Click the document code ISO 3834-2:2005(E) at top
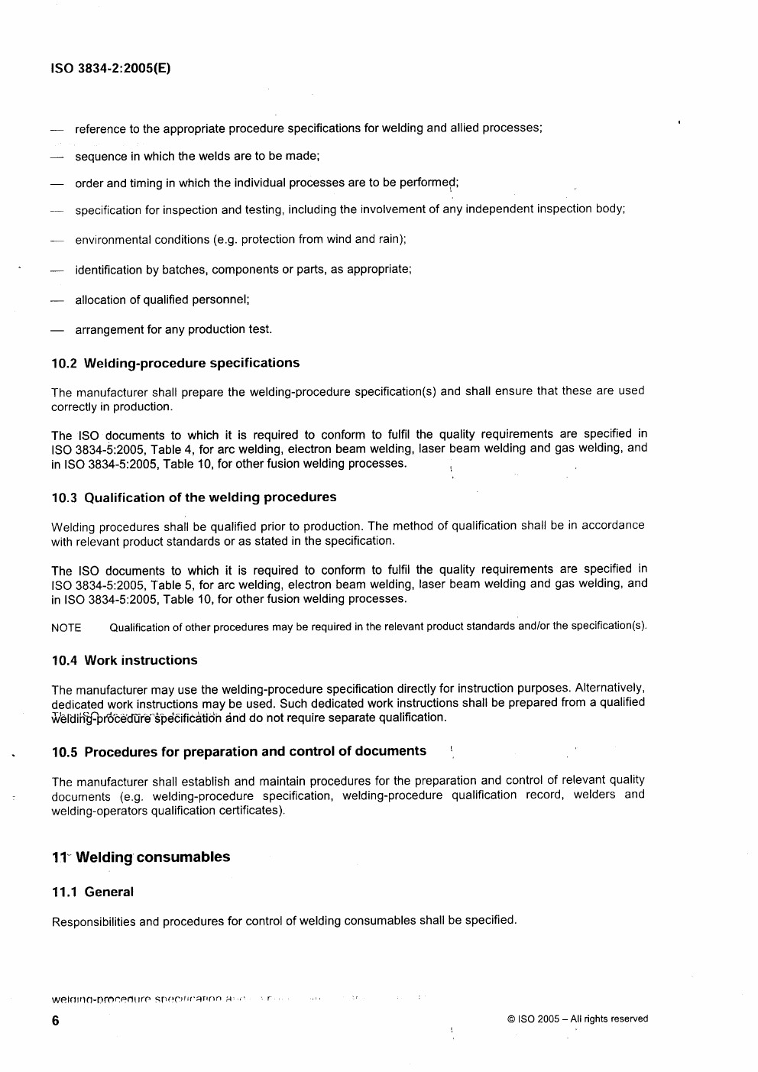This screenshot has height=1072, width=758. point(111,68)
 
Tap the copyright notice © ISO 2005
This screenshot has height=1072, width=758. point(577,1019)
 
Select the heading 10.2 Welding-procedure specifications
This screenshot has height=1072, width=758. point(175,363)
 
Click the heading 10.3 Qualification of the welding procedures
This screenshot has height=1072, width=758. point(193,497)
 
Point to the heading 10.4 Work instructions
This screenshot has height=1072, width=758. point(124,660)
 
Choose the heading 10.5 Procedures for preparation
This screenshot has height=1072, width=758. point(238,751)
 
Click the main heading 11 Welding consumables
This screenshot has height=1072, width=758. point(141,857)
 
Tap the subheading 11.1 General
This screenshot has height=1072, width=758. point(92,892)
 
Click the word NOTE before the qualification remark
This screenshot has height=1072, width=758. point(66,628)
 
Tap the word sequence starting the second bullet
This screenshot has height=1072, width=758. point(101,157)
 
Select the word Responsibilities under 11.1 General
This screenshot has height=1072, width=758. point(95,921)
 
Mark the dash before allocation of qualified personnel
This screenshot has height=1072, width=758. point(56,300)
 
